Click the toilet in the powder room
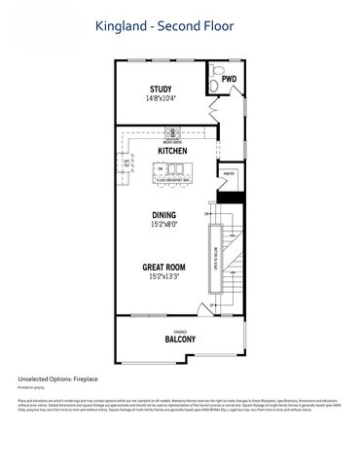(x=216, y=88)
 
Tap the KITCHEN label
(x=172, y=152)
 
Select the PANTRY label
(x=230, y=175)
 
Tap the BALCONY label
(x=179, y=339)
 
